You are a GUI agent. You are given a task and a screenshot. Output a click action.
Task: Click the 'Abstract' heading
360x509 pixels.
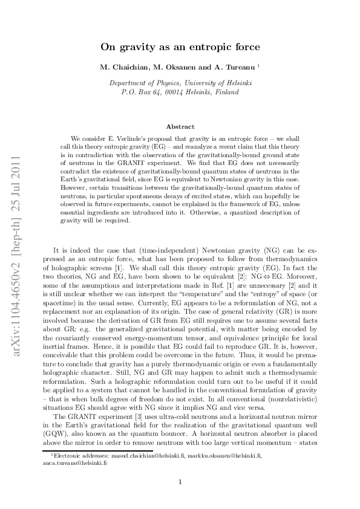click(x=180, y=126)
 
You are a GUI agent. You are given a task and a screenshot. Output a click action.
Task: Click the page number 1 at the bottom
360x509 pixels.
click(x=180, y=482)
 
